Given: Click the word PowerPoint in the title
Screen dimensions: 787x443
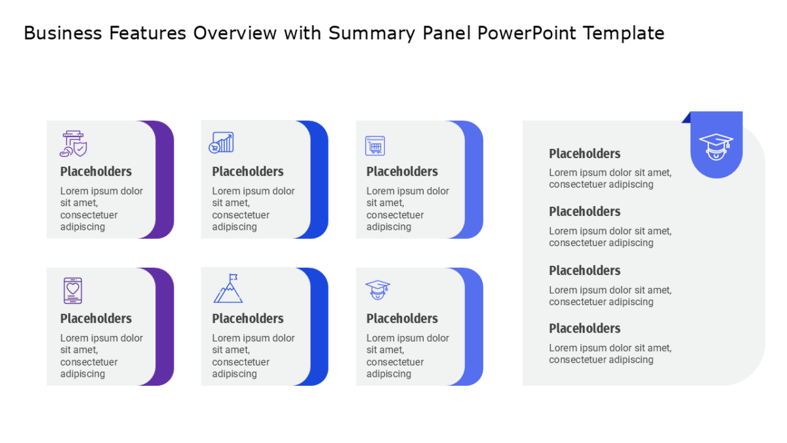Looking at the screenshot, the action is (527, 33).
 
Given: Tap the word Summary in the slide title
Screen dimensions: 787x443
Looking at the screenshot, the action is (372, 33).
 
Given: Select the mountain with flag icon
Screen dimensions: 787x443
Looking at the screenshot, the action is (228, 288).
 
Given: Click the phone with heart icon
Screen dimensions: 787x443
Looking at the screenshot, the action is (73, 290).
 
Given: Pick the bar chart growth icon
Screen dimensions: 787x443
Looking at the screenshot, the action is (222, 142).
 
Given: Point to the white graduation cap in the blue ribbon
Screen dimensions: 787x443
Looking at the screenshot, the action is (716, 146).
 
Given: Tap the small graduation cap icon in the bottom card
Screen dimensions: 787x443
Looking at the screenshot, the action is (378, 289).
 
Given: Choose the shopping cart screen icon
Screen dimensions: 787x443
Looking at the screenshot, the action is (375, 146).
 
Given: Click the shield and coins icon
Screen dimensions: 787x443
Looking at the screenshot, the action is (73, 144).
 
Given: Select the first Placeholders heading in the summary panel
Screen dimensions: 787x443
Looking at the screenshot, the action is (584, 154).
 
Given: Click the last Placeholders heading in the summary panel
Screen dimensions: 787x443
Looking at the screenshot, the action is (584, 328).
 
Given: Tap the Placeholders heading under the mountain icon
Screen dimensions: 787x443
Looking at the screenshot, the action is (248, 318).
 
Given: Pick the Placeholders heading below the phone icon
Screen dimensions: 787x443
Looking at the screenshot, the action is (96, 318).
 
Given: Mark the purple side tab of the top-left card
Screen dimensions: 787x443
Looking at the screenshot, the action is (165, 180).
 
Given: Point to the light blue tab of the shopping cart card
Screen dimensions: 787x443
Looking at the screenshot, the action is (474, 180).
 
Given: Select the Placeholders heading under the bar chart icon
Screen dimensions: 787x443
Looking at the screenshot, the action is (248, 171).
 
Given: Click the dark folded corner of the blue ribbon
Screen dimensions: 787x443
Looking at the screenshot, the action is (687, 117).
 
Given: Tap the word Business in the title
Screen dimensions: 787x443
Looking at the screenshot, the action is (63, 33).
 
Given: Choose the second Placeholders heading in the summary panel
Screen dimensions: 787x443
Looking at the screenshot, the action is (584, 211).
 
